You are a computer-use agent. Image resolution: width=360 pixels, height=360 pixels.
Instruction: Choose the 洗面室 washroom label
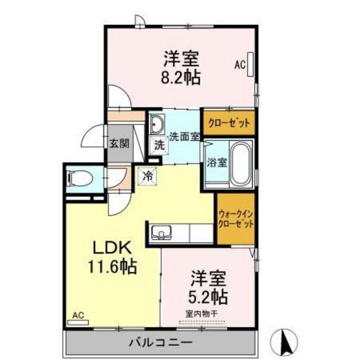click(185, 136)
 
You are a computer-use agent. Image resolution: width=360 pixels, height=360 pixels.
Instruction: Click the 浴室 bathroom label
click(217, 163)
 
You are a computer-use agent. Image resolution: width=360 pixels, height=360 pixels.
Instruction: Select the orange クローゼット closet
click(228, 122)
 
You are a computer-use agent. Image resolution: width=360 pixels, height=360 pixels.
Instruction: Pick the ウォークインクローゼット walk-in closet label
click(235, 219)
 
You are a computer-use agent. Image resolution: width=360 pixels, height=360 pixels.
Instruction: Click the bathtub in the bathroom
click(241, 165)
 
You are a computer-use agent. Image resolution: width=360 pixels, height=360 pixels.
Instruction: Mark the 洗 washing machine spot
click(159, 145)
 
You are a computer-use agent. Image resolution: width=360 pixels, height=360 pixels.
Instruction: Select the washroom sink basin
click(158, 123)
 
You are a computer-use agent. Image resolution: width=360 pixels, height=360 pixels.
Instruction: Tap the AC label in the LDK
click(78, 315)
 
